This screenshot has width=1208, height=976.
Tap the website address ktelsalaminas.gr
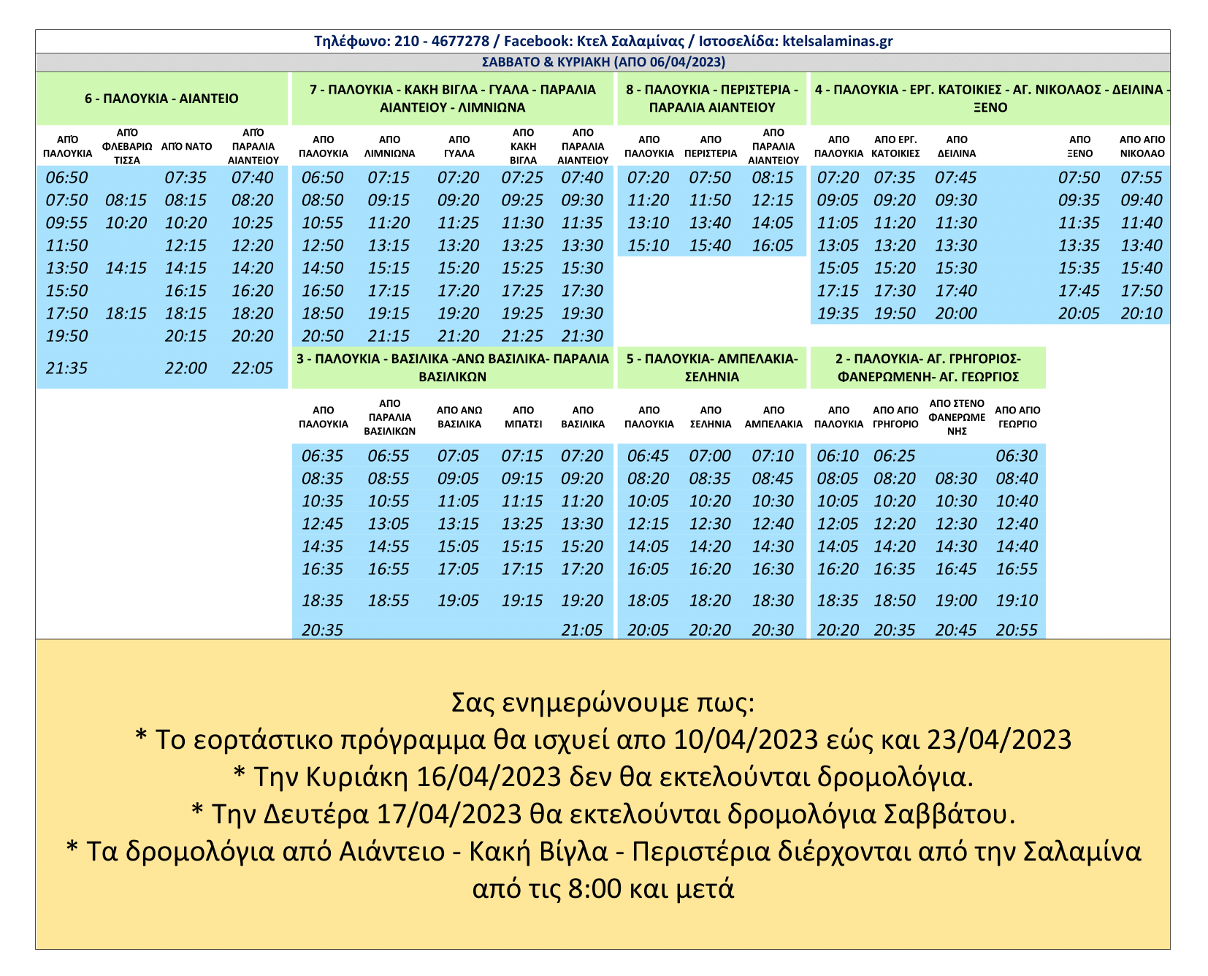(x=837, y=41)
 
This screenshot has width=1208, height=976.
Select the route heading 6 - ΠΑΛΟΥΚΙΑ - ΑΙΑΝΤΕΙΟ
(x=161, y=99)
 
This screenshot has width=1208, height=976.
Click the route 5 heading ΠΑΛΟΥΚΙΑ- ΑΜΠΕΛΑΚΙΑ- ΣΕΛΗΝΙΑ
(x=711, y=367)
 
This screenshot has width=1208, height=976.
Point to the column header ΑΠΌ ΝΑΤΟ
(x=186, y=147)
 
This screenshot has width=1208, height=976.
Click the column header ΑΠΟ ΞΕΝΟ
(x=1079, y=147)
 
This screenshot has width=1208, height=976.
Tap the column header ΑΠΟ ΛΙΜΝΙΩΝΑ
(x=389, y=147)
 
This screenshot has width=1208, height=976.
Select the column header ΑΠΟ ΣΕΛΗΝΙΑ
(x=710, y=417)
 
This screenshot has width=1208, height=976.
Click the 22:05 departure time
(x=252, y=368)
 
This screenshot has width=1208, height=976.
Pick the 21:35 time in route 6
(x=66, y=368)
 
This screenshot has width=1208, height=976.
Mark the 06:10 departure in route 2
(x=838, y=456)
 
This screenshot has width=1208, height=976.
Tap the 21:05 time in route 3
(x=582, y=630)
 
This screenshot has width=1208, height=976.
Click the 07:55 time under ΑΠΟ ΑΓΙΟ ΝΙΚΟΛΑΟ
(x=1141, y=178)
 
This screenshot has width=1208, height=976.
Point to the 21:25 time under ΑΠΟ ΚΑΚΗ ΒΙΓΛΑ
(x=522, y=336)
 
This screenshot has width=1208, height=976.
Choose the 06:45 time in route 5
(x=648, y=456)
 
